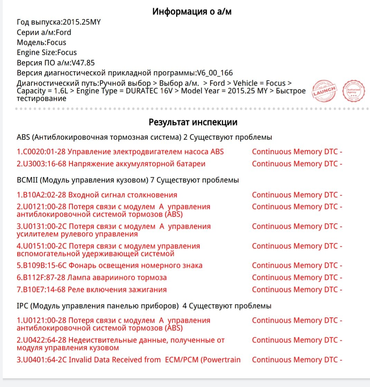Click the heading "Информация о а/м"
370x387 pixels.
[192, 12]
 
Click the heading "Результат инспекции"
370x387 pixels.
[193, 122]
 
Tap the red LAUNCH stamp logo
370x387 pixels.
[324, 91]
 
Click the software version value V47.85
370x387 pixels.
[83, 63]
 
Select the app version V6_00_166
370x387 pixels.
[215, 73]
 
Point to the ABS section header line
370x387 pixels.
[144, 137]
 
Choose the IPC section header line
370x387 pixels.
[144, 306]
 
